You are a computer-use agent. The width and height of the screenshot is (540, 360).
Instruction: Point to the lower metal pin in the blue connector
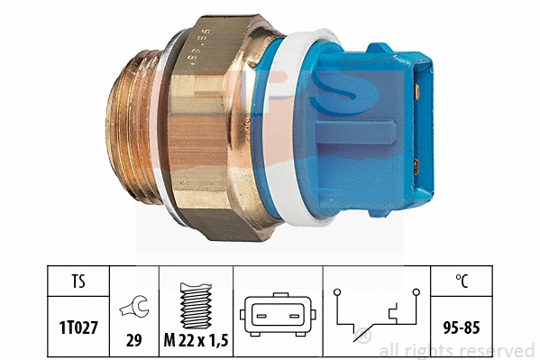pyautogui.click(x=416, y=164)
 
